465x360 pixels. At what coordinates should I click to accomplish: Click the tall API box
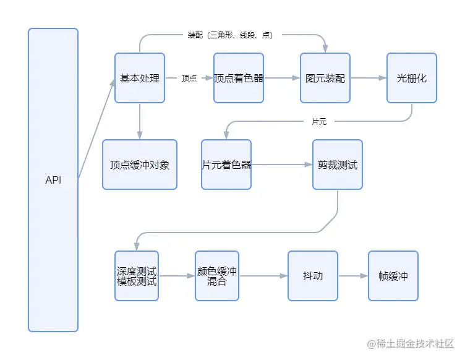53,180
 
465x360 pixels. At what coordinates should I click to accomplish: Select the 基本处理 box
140,78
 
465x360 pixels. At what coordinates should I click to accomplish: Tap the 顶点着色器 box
239,78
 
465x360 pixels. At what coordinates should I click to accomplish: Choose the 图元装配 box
325,78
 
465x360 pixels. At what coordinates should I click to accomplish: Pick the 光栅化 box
412,78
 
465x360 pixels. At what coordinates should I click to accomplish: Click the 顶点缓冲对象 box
140,165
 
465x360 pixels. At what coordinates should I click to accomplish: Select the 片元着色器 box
226,165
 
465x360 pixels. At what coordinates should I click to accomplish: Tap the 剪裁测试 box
338,165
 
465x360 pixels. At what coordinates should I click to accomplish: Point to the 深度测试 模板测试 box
137,276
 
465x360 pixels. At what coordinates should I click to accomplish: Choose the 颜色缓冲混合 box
217,276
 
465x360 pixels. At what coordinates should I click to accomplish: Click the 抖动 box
313,276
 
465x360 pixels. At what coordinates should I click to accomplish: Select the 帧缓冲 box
393,276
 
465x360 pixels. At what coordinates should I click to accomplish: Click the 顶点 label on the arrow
189,79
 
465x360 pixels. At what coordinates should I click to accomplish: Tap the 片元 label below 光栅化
319,122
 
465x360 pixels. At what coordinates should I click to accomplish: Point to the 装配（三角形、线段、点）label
231,35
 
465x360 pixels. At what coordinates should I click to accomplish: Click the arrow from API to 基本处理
96,130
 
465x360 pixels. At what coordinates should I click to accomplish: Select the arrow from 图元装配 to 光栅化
369,78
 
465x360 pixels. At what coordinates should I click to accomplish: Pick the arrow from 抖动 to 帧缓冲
353,276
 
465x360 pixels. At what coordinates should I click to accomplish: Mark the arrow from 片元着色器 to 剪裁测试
282,165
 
